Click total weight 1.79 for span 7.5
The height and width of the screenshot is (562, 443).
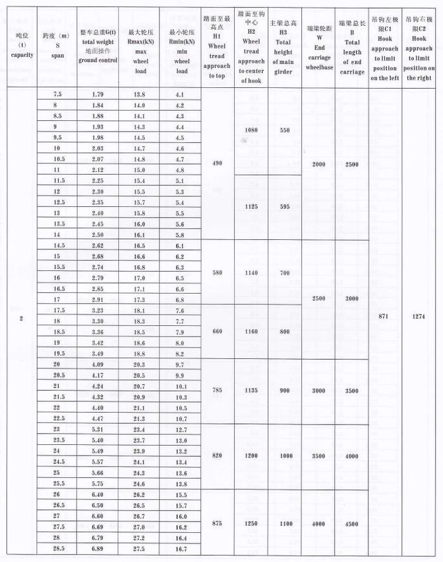(97, 94)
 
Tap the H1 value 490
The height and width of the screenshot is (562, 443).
(218, 163)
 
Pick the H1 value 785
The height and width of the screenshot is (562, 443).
(218, 390)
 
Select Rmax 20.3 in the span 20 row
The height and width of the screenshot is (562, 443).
(139, 365)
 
